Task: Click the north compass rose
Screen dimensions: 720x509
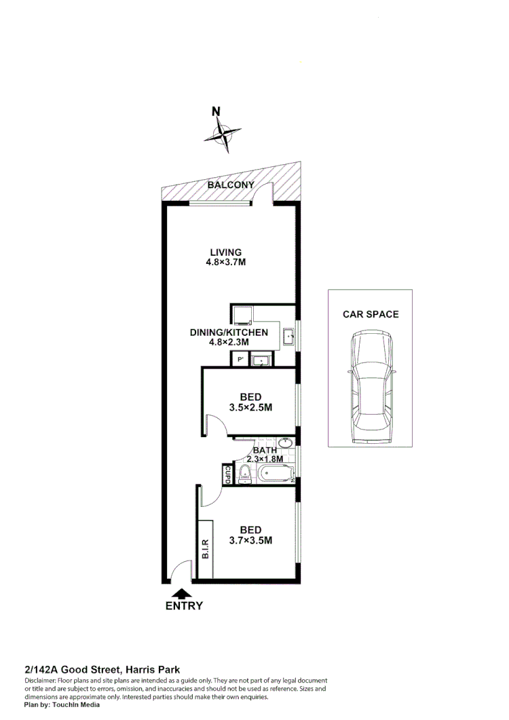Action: [223, 133]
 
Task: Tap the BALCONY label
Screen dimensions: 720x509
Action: [231, 185]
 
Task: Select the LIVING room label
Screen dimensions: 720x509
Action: [225, 252]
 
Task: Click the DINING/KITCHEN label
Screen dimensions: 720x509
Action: [229, 333]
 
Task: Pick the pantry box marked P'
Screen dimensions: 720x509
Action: [239, 360]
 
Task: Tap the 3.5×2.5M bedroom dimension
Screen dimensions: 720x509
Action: [251, 408]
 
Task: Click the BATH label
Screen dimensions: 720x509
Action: [263, 450]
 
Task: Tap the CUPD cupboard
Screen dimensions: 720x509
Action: [227, 474]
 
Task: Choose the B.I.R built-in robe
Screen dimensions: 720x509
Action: [206, 549]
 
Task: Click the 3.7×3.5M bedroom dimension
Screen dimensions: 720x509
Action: [250, 541]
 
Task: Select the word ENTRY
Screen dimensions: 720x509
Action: [184, 606]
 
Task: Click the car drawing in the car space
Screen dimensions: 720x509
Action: [370, 388]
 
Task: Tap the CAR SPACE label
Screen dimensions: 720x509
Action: [371, 314]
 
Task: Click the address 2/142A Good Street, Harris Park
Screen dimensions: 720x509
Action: [102, 669]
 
